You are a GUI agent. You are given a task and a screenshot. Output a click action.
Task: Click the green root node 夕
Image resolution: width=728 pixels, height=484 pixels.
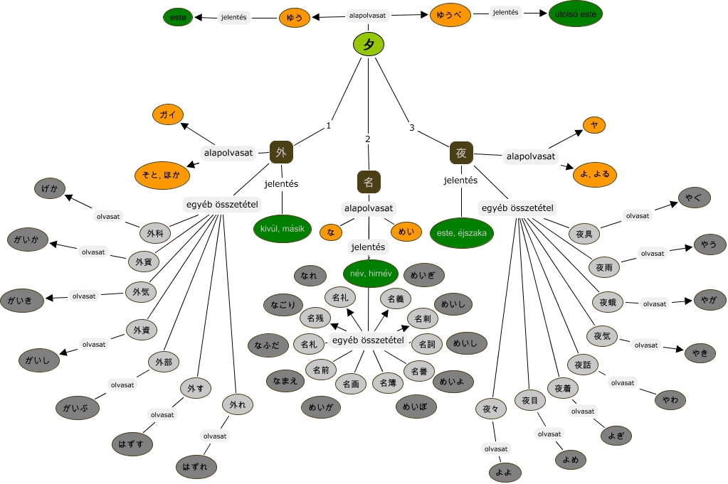[369, 45]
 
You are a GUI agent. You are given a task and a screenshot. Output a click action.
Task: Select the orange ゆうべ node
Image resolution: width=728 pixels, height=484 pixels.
[450, 14]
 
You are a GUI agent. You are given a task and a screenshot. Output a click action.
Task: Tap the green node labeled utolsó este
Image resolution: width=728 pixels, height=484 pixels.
[575, 14]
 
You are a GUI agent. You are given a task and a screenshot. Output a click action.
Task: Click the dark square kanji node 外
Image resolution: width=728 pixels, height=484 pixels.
[282, 152]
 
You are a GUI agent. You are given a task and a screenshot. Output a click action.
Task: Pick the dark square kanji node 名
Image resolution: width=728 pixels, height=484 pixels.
[369, 181]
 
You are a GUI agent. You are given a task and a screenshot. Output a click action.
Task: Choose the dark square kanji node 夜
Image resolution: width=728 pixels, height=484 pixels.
[461, 153]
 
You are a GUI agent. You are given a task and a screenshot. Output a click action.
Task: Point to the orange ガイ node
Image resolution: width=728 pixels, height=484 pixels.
[168, 114]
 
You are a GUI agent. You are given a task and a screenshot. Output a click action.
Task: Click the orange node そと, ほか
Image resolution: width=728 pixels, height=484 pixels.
[161, 175]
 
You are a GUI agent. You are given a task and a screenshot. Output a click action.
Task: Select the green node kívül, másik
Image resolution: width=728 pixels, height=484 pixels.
[283, 227]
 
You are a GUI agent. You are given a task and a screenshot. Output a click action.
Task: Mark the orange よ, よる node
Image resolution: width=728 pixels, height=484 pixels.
[595, 174]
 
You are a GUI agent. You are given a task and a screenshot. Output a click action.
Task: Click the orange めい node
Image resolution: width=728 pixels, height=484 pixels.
[406, 232]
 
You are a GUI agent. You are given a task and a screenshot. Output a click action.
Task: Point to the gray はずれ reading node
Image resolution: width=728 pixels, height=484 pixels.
[196, 466]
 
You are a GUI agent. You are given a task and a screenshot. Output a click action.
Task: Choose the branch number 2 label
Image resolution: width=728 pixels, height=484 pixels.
[368, 139]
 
